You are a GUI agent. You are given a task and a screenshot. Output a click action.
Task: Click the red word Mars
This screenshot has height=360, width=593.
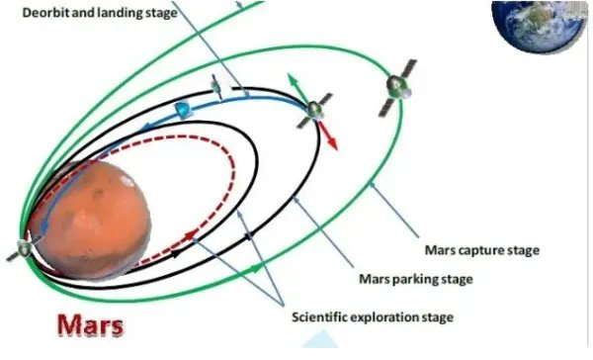(90, 325)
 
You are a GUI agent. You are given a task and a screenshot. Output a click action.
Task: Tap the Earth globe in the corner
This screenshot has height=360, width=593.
(540, 26)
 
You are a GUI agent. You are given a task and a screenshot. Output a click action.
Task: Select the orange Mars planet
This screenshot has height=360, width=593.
(93, 220)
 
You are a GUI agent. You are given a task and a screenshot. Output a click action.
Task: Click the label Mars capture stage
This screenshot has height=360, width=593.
(482, 250)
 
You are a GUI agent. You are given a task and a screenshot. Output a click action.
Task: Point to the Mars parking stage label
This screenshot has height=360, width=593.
(416, 279)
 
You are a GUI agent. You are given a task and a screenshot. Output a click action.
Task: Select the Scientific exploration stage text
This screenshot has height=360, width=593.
(373, 316)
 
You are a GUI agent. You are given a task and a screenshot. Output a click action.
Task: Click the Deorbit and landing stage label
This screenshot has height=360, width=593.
(100, 13)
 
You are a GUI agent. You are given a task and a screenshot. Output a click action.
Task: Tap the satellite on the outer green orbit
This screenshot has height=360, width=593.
(397, 87)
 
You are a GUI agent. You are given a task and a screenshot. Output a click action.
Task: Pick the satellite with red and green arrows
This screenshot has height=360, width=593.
(314, 111)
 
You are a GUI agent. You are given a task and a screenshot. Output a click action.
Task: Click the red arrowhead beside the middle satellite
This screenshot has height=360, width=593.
(332, 144)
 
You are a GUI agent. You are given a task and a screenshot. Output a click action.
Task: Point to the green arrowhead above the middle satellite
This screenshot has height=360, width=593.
(292, 78)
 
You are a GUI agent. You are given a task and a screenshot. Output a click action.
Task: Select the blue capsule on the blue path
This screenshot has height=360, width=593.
(183, 110)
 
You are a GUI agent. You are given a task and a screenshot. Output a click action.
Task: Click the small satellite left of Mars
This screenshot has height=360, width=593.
(24, 248)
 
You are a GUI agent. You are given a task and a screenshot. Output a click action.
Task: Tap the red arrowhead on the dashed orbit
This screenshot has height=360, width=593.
(191, 235)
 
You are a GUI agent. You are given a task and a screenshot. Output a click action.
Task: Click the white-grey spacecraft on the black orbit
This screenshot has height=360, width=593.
(222, 86)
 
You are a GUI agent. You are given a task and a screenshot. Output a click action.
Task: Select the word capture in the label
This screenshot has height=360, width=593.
(481, 251)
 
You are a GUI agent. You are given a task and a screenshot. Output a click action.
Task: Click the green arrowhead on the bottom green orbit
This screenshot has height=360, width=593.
(256, 269)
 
